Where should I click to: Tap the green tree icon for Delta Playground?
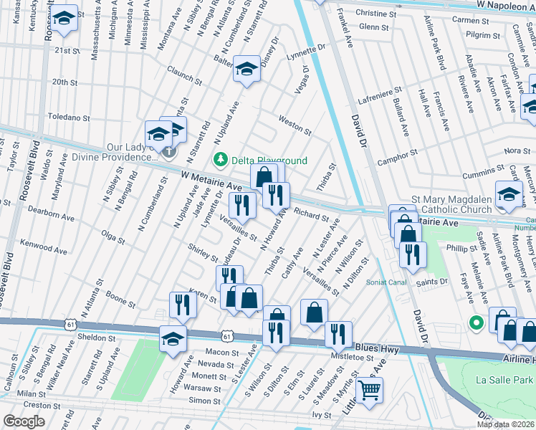point(221,159)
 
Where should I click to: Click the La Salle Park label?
point(507,380)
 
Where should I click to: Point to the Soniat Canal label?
point(386,282)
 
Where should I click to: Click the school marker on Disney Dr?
point(247,70)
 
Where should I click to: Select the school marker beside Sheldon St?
point(173,338)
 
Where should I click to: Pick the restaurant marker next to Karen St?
point(183,305)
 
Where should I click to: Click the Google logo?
point(24,421)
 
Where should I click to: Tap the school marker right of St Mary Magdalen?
point(509,195)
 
